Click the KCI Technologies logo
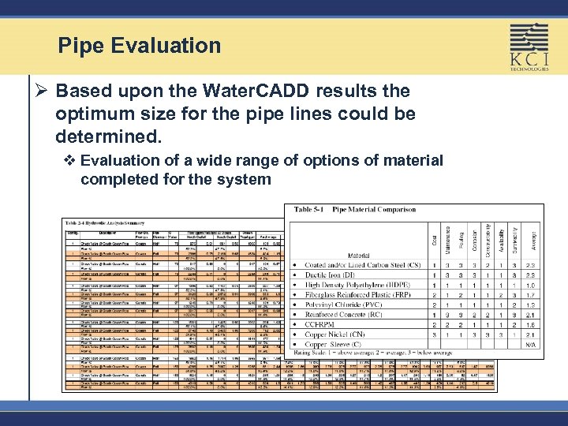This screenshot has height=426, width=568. [529, 48]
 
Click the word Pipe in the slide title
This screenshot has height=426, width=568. [80, 46]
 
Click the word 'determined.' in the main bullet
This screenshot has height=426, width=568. [108, 136]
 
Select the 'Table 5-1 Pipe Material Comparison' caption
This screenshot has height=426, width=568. [354, 210]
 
